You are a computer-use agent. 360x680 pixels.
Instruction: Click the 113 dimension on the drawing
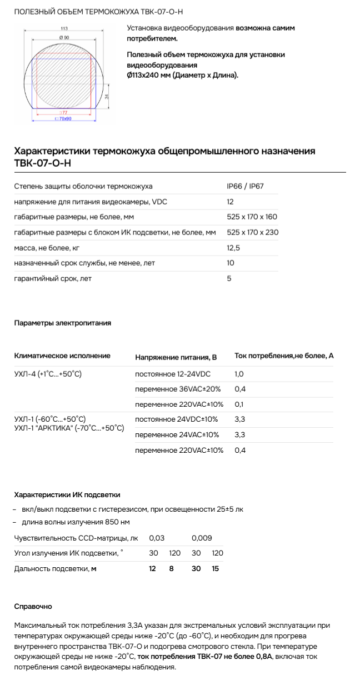63,28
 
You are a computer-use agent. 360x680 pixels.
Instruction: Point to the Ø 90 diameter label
64,37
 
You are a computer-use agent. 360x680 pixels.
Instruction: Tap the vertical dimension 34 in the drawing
107,96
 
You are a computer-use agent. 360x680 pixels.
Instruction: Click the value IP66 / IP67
245,186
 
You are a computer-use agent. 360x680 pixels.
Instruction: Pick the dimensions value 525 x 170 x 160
252,217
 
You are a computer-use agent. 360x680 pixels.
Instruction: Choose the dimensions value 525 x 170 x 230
252,232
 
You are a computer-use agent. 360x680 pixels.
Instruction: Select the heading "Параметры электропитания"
62,323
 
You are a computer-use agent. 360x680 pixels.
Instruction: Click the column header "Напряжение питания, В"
176,357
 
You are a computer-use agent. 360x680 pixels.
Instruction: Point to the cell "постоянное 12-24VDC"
173,374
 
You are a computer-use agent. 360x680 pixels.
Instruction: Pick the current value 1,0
239,374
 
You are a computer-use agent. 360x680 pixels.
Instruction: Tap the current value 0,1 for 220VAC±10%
239,404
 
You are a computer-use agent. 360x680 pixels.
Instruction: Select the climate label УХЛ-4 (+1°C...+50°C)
48,374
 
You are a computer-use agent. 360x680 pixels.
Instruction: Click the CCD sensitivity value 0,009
202,538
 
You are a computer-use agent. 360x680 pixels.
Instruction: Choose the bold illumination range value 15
215,568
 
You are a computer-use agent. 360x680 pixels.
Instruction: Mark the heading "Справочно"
33,606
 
